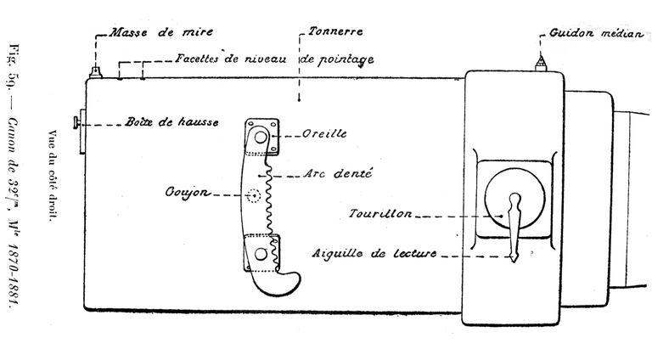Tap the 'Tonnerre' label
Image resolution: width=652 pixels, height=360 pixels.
tap(336, 31)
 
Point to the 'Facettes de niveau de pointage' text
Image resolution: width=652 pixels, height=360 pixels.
tap(275, 59)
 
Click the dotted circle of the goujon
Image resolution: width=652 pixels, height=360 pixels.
tap(253, 196)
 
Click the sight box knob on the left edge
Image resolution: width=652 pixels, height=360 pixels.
tap(78, 126)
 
